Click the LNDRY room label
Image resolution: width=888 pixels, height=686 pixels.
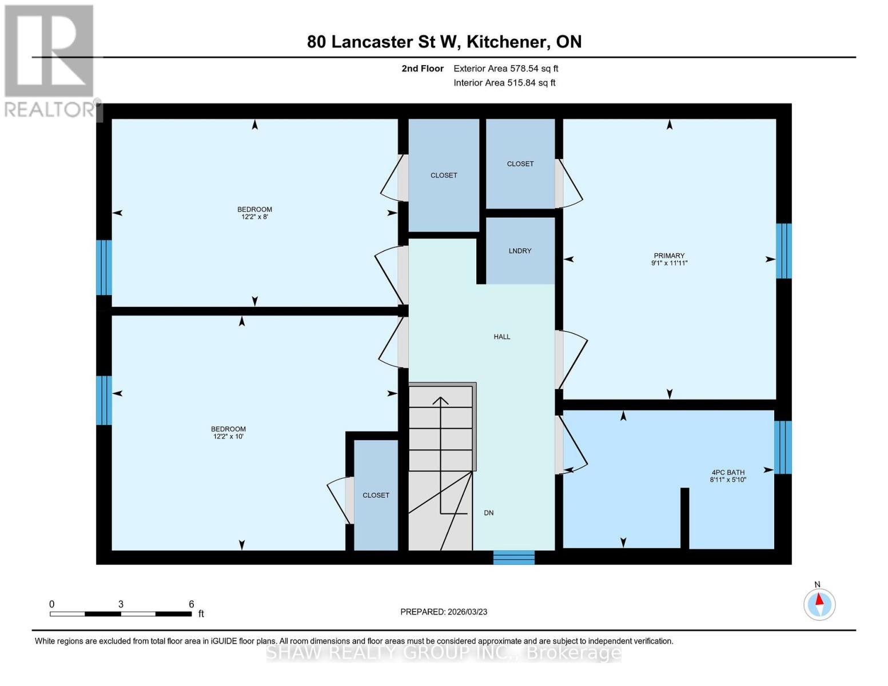pyautogui.click(x=520, y=251)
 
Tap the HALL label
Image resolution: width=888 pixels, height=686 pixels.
pyautogui.click(x=502, y=337)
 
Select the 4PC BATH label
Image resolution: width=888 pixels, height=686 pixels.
pyautogui.click(x=728, y=472)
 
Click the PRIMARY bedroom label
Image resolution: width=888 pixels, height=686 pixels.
pyautogui.click(x=669, y=256)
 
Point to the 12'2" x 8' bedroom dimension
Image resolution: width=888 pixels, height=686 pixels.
pyautogui.click(x=254, y=217)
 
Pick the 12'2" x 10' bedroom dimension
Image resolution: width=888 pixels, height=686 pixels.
pyautogui.click(x=228, y=437)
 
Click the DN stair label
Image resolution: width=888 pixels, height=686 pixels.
pyautogui.click(x=488, y=513)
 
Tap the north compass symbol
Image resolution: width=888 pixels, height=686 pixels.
pyautogui.click(x=819, y=604)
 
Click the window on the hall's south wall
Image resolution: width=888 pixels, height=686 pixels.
pyautogui.click(x=513, y=557)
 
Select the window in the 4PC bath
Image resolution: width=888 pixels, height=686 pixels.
pyautogui.click(x=783, y=448)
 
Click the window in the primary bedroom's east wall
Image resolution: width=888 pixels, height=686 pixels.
pyautogui.click(x=783, y=251)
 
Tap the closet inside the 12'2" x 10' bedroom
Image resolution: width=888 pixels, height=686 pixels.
pyautogui.click(x=376, y=495)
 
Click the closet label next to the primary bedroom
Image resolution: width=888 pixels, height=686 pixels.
pyautogui.click(x=520, y=163)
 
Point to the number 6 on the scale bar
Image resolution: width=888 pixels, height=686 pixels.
pyautogui.click(x=192, y=604)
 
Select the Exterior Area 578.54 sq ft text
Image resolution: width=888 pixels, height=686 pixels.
pyautogui.click(x=505, y=69)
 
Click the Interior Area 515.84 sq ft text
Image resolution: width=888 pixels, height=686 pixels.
pyautogui.click(x=504, y=83)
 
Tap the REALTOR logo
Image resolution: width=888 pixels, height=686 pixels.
pyautogui.click(x=50, y=60)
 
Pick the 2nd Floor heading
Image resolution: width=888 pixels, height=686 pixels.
pyautogui.click(x=423, y=69)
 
